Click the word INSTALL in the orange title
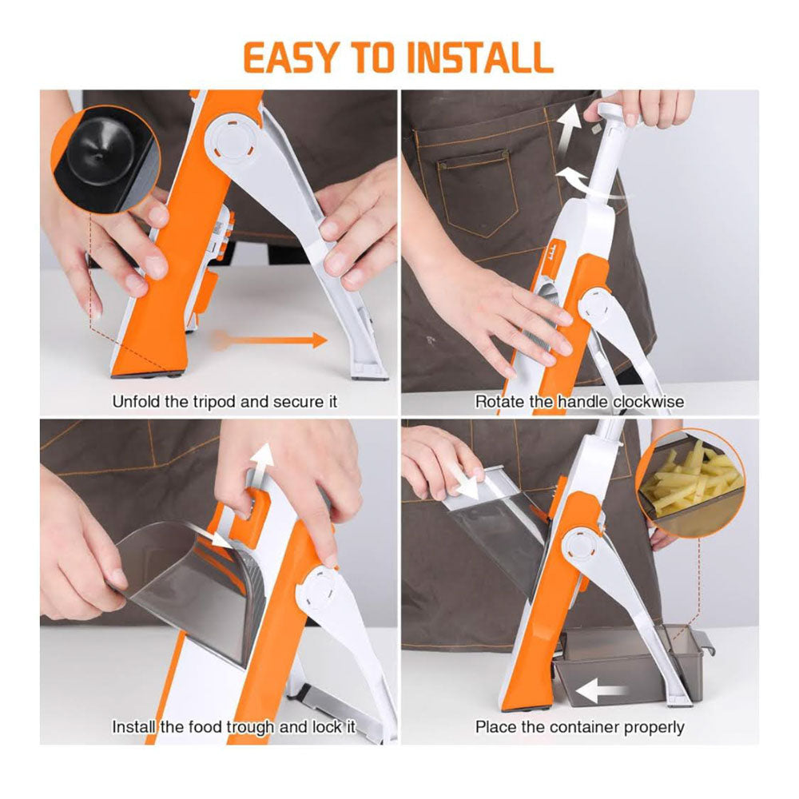pyautogui.click(x=480, y=57)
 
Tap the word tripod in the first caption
pyautogui.click(x=213, y=402)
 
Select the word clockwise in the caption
pyautogui.click(x=648, y=402)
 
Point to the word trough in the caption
pyautogui.click(x=249, y=726)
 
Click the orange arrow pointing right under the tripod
pyautogui.click(x=270, y=340)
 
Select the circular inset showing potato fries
pyautogui.click(x=690, y=483)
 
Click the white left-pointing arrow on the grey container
pyautogui.click(x=600, y=691)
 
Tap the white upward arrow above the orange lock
pyautogui.click(x=264, y=466)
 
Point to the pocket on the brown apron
pyautogui.click(x=478, y=194)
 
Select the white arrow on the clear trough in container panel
pyautogui.click(x=471, y=481)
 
